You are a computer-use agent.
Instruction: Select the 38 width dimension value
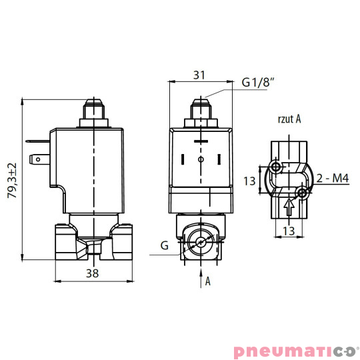tap(93, 273)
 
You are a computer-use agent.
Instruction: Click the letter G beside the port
tap(163, 246)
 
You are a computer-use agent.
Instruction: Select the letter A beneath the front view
tap(208, 281)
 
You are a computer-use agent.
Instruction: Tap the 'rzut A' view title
tap(289, 119)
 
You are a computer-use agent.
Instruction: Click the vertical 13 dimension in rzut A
tap(249, 180)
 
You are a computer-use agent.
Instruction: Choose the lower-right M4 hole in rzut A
tap(303, 193)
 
